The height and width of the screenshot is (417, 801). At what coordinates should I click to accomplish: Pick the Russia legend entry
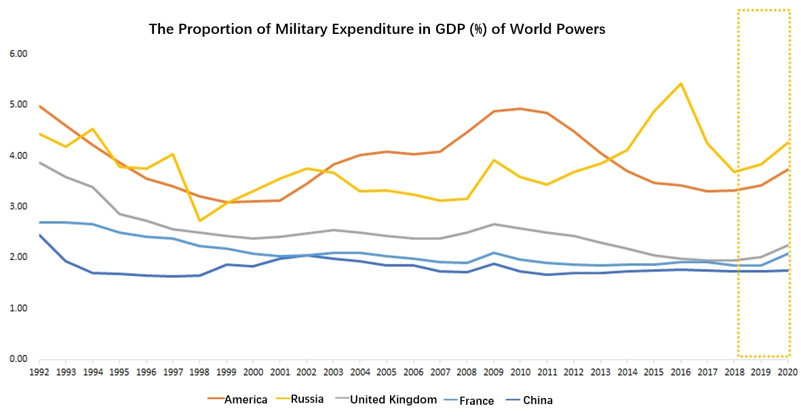(309, 400)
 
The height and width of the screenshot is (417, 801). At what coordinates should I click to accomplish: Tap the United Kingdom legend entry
(393, 400)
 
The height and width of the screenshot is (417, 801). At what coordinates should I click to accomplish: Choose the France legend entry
(477, 401)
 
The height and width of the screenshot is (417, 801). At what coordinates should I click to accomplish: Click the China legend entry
(537, 401)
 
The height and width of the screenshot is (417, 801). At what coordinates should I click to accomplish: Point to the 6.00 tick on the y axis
(16, 54)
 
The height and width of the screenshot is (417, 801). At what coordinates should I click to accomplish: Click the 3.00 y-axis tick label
(16, 206)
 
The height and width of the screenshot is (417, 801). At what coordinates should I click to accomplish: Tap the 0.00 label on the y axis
(16, 359)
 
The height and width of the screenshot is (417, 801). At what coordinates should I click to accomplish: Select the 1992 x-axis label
(39, 372)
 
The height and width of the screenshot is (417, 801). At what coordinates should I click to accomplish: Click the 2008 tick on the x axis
(467, 372)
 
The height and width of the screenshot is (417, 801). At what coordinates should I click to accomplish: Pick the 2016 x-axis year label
(680, 372)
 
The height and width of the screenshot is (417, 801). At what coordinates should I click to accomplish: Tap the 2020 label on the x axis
(787, 372)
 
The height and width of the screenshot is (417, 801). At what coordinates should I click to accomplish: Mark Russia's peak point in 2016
(680, 83)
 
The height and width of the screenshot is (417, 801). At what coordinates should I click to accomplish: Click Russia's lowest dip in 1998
(199, 220)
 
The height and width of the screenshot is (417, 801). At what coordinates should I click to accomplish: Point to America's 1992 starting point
(39, 106)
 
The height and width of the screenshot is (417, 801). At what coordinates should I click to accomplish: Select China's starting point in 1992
(39, 235)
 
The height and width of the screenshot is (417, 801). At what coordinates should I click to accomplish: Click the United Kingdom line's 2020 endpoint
(787, 245)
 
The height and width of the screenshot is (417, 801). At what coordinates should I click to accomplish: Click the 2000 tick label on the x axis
(253, 372)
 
